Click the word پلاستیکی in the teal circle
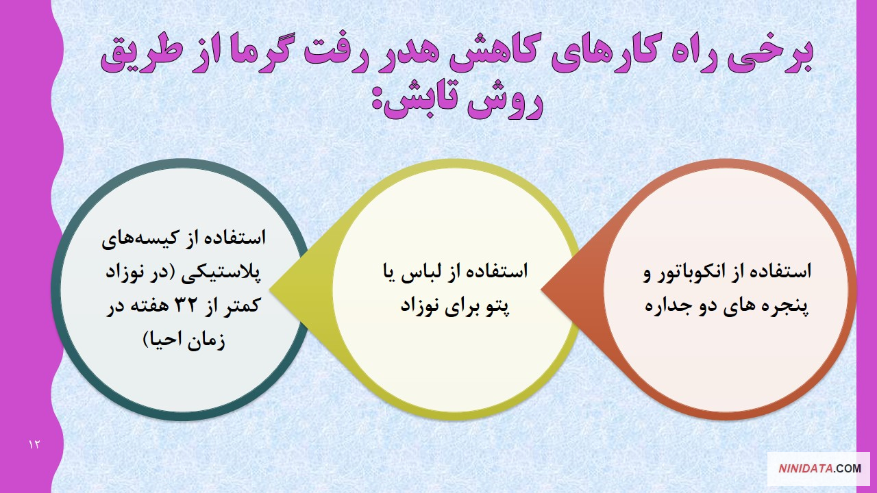click(x=221, y=273)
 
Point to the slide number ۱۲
click(x=34, y=444)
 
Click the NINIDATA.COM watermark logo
click(x=819, y=469)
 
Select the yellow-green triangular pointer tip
click(x=271, y=290)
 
